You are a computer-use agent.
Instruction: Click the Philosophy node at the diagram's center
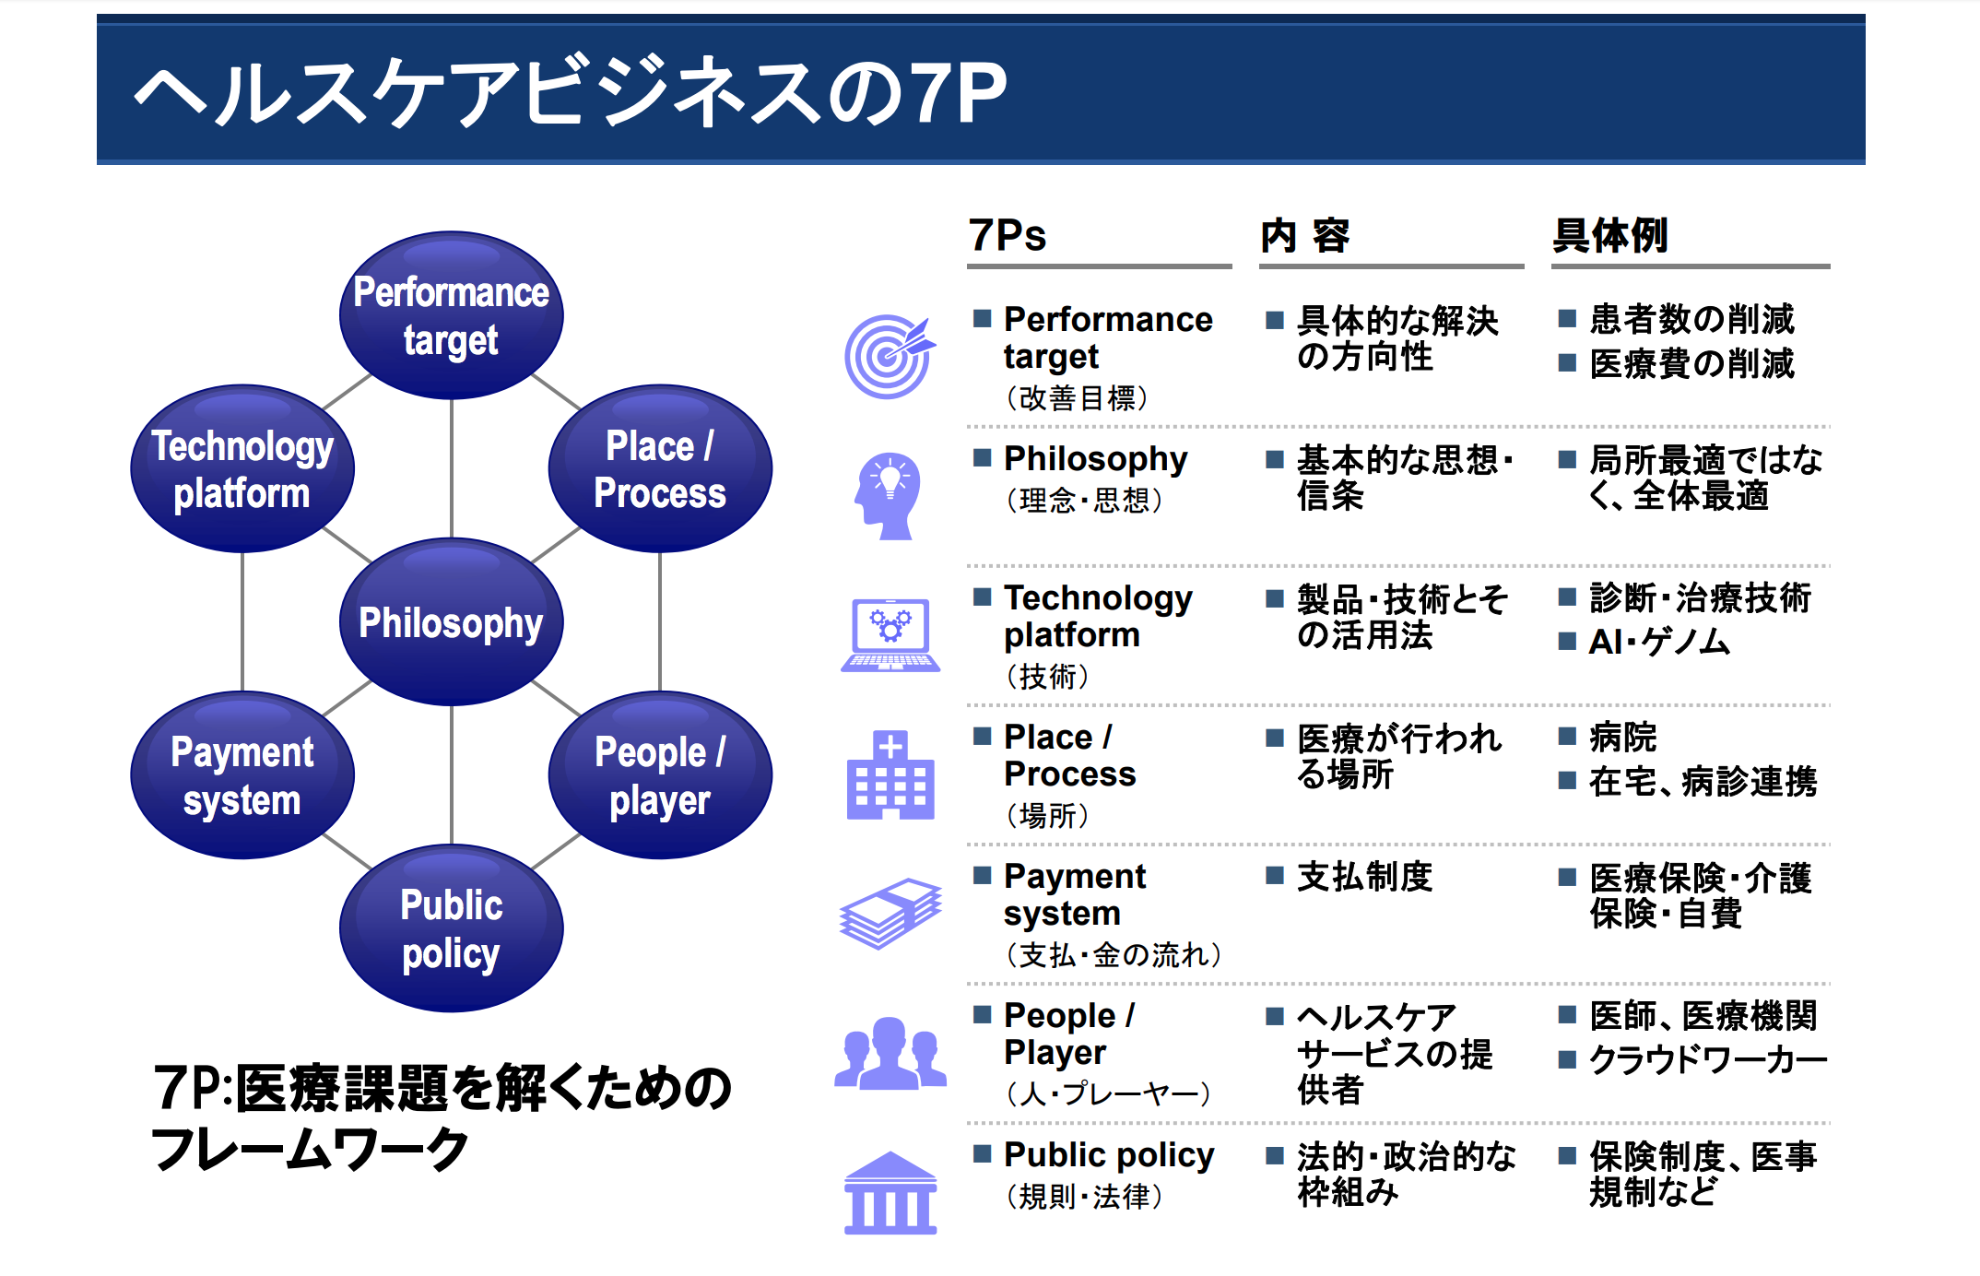(451, 622)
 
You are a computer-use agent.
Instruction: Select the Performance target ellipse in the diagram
(451, 315)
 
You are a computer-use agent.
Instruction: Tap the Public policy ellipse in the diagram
(451, 928)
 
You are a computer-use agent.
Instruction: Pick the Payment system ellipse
(242, 775)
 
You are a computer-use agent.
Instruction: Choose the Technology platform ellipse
(242, 468)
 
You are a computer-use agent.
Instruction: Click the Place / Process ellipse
(660, 468)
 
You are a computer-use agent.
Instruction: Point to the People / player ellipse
(660, 775)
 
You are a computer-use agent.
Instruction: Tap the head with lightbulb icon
(887, 496)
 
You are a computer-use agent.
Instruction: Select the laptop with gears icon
(890, 635)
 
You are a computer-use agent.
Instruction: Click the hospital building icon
(890, 775)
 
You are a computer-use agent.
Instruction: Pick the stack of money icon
(890, 913)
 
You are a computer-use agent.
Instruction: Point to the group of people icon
(890, 1053)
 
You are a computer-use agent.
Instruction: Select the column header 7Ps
(1008, 235)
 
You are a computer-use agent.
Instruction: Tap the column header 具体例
(1610, 235)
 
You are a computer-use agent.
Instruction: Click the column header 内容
(1305, 235)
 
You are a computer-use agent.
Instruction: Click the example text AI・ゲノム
(1659, 642)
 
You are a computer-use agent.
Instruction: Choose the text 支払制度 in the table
(1364, 876)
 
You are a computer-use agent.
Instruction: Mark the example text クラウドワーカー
(1708, 1059)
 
